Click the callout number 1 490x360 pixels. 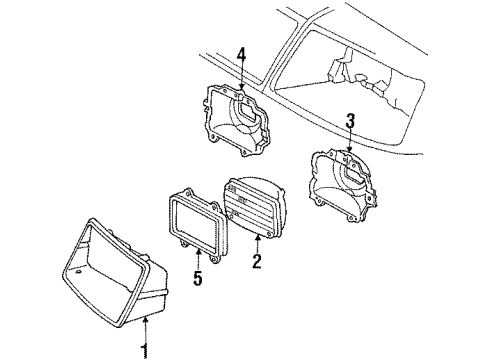(x=145, y=348)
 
